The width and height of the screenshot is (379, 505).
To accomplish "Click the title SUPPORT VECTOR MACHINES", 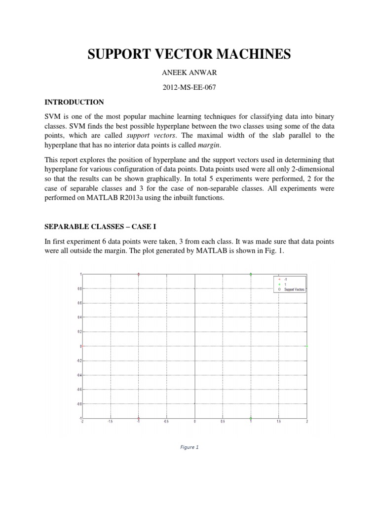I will [189, 55].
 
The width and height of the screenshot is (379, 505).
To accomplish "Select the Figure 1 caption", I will [189, 448].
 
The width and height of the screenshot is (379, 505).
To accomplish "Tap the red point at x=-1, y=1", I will [139, 274].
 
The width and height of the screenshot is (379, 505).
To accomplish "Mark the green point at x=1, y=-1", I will [251, 418].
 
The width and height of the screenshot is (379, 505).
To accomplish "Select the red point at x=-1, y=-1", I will [139, 418].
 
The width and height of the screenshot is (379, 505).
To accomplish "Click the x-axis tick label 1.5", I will [279, 422].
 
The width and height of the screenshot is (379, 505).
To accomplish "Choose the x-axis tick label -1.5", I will [111, 422].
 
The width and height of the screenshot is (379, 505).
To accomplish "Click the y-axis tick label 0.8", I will [80, 289].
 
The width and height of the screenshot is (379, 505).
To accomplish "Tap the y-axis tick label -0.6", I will [79, 390].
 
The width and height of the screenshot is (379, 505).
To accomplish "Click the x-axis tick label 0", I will [194, 422].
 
